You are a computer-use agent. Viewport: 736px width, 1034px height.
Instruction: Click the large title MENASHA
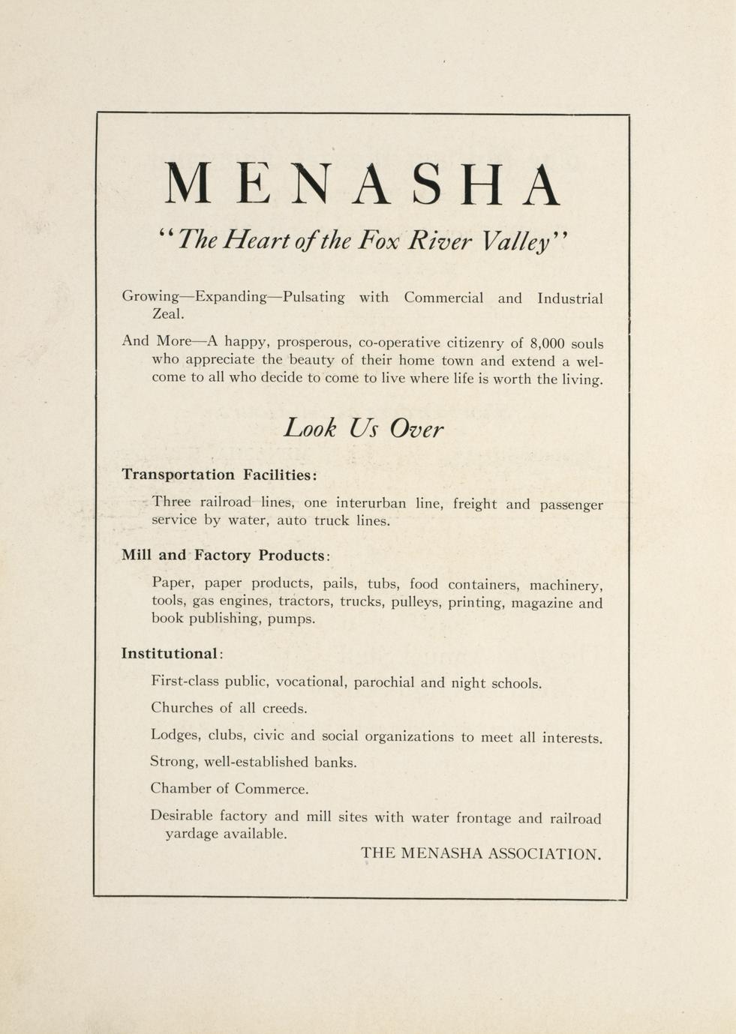click(x=362, y=184)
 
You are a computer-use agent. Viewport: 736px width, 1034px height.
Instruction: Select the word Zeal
click(x=168, y=315)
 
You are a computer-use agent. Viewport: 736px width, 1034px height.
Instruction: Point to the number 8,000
click(x=547, y=343)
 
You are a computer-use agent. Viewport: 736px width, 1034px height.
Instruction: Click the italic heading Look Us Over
click(x=364, y=429)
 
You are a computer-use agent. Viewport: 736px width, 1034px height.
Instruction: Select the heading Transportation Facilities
click(x=219, y=475)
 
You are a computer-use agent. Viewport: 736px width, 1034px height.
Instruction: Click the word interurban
click(x=371, y=503)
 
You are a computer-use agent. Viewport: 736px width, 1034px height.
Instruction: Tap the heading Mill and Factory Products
click(x=225, y=556)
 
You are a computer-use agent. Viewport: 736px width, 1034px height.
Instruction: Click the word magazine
click(x=542, y=603)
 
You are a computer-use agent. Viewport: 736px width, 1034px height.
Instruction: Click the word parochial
click(x=383, y=683)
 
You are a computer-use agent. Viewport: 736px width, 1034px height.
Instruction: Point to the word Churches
click(x=181, y=708)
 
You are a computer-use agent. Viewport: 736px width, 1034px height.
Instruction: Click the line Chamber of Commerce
click(x=229, y=789)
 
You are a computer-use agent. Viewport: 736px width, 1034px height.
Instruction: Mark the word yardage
click(x=192, y=834)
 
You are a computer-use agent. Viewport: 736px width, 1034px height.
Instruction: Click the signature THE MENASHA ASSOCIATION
click(x=481, y=853)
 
